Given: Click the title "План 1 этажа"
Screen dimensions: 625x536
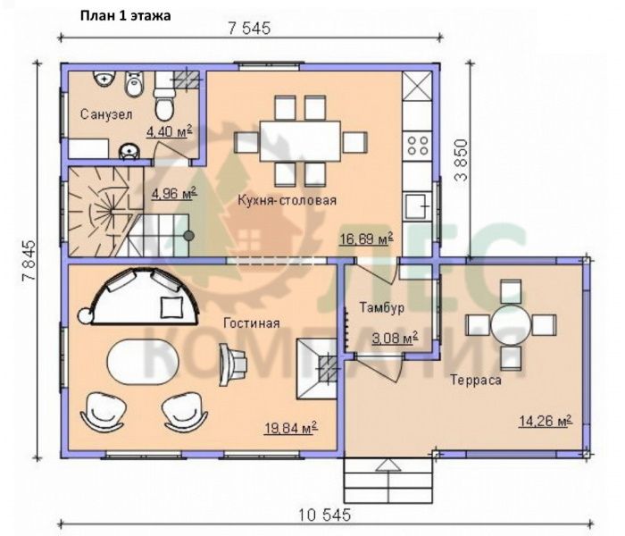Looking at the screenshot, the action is coord(126,15).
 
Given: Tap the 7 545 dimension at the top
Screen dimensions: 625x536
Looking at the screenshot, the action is coord(249,29).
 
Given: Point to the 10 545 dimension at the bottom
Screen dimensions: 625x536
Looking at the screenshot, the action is coord(325,515).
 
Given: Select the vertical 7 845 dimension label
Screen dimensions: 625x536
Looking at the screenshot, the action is coord(29,261).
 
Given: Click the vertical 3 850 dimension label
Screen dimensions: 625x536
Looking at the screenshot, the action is coord(462,160).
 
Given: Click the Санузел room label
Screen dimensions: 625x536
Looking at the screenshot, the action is coord(106,115).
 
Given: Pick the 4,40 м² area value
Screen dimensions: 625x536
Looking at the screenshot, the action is coord(169,131).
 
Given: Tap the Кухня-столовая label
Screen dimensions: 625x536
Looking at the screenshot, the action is coord(287,199).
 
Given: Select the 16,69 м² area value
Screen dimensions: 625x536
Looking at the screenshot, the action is coord(366,239).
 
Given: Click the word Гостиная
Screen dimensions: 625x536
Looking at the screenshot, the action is coord(252,322).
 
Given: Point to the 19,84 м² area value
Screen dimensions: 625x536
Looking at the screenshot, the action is coord(291,428).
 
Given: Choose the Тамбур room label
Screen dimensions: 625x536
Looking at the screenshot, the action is coord(382,307).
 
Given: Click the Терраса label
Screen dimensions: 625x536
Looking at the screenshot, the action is coord(476,380).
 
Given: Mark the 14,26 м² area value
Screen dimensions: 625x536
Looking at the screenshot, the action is coord(546,421).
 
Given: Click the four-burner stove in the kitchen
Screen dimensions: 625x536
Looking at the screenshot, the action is coord(417,145).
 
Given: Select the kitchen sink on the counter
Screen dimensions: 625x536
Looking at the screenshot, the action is coord(418,207).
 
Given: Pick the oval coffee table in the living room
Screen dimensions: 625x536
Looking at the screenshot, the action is coord(143,362).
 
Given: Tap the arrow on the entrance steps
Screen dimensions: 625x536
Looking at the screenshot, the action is coord(387,465).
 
